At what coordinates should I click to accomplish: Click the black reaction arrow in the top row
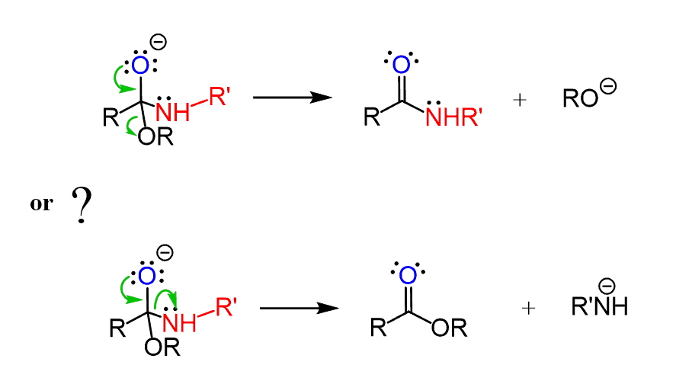(x=292, y=98)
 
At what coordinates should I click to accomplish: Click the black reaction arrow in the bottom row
(x=299, y=309)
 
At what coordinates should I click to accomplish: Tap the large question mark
(x=82, y=205)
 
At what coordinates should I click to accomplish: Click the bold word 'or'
(x=41, y=204)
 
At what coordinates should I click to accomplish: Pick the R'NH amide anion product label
(x=600, y=306)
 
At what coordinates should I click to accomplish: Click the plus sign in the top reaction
(x=521, y=100)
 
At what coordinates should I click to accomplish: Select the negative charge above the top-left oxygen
(x=159, y=41)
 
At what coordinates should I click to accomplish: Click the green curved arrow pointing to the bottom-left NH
(x=167, y=297)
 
